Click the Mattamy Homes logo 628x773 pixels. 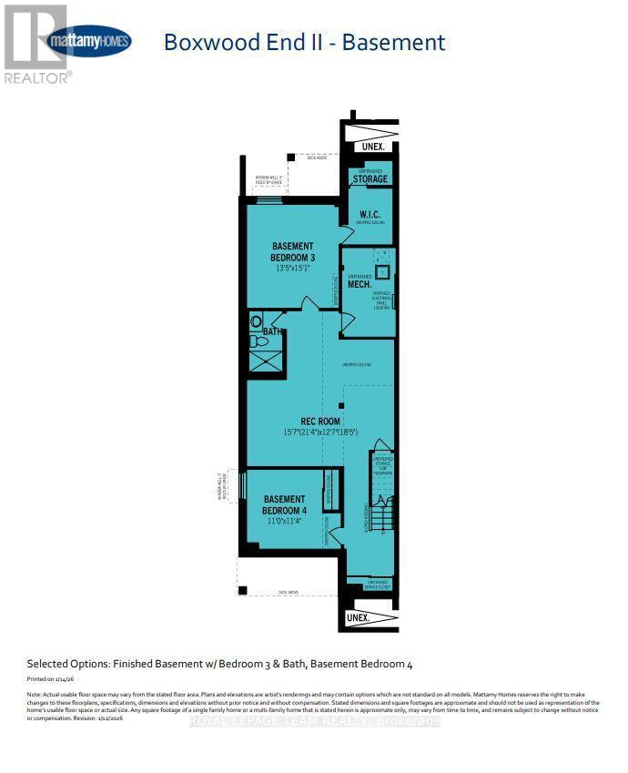click(89, 41)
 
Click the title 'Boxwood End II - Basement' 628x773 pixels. click(303, 42)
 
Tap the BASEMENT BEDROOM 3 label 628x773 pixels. click(292, 252)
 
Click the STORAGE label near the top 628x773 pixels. click(370, 179)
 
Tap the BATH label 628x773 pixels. click(272, 332)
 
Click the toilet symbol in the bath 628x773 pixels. click(256, 320)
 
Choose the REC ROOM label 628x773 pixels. click(309, 422)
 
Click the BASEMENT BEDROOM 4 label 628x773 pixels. click(285, 505)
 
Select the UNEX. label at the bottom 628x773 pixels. click(359, 618)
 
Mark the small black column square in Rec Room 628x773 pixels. click(341, 405)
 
